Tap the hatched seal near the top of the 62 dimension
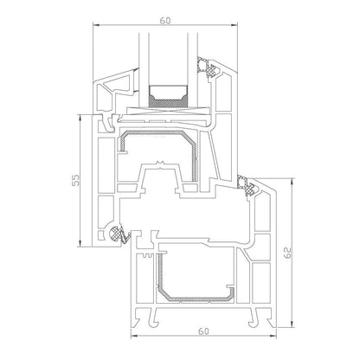pyautogui.click(x=252, y=183)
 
